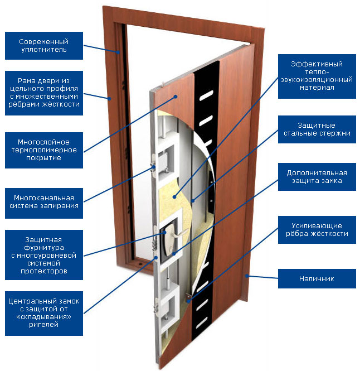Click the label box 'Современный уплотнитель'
44,46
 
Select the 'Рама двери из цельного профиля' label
44,93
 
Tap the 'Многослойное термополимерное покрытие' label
44,150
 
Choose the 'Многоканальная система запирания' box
44,203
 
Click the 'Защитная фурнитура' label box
44,255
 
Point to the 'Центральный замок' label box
44,314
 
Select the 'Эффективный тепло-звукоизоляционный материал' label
317,76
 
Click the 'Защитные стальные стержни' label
317,129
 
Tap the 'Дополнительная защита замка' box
317,177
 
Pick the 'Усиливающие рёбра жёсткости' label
317,230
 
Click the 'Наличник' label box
317,278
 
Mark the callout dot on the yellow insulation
174,197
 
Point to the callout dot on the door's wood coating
176,97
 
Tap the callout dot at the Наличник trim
246,276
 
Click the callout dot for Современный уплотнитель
118,52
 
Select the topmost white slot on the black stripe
206,95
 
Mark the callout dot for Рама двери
109,99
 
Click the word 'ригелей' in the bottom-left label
43,324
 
